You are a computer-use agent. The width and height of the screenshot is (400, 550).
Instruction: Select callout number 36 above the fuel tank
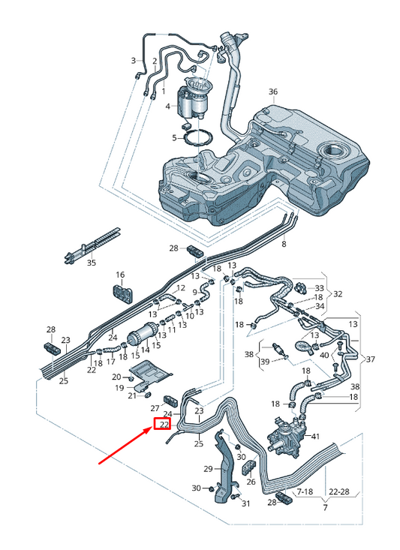273,92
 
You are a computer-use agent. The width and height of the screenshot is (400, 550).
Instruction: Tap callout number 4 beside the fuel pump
168,107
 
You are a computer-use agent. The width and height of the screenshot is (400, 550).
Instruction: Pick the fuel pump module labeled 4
192,101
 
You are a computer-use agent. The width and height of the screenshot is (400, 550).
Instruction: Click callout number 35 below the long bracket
91,263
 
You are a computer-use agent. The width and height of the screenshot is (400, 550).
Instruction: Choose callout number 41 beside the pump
315,437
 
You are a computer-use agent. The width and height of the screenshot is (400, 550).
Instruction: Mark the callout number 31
245,503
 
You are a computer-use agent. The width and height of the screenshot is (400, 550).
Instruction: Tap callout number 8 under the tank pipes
284,245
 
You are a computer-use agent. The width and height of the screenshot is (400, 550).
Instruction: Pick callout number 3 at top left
134,61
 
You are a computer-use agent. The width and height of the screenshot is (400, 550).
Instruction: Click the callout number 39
265,362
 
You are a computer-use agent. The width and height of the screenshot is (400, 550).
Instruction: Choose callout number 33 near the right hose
320,288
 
